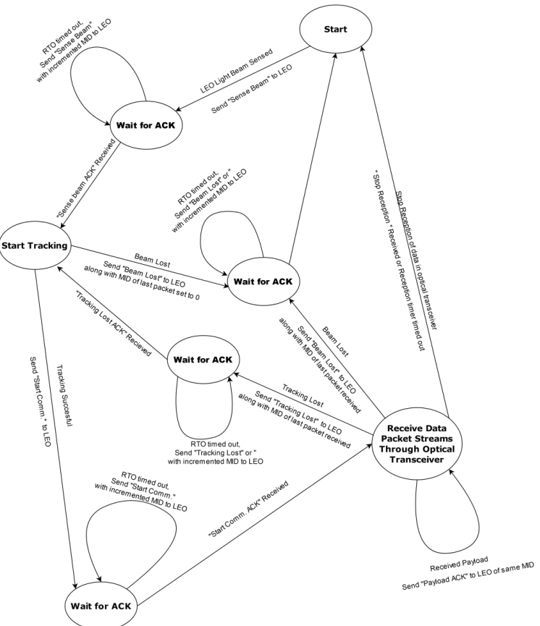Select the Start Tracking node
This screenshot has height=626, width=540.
35,245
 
